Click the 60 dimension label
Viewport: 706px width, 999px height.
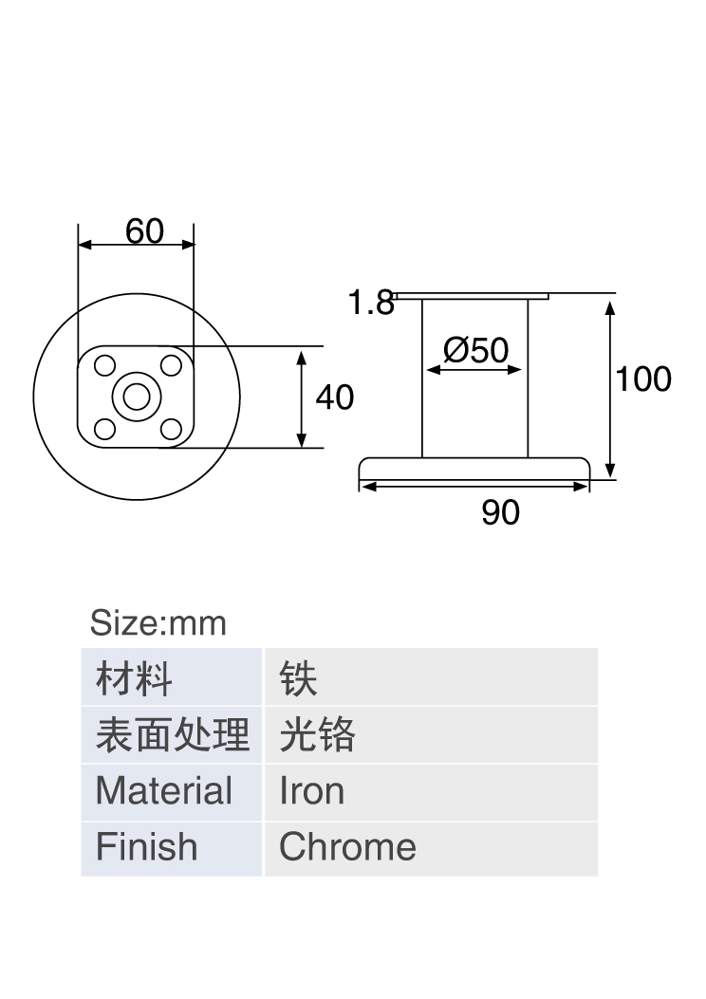click(144, 231)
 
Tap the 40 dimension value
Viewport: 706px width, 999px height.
click(335, 398)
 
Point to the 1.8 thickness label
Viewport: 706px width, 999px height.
click(371, 303)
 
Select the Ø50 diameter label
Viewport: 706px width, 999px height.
click(476, 350)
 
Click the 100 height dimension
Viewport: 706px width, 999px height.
click(643, 379)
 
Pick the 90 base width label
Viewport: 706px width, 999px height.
click(500, 512)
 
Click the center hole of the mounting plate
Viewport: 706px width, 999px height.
click(136, 398)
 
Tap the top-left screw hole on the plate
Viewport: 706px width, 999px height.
click(104, 365)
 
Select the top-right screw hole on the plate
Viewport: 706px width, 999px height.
click(171, 365)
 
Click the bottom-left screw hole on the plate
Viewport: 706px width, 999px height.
click(104, 429)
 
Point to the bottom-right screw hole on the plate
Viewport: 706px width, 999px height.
click(171, 429)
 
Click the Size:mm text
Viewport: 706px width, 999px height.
click(158, 623)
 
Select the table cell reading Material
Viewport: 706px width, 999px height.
click(172, 791)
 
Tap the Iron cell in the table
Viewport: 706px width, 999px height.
click(432, 791)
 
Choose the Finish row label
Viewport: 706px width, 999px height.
click(172, 848)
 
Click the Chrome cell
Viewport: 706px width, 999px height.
click(432, 848)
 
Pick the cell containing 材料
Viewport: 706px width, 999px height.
click(172, 676)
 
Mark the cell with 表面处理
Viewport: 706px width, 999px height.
click(172, 734)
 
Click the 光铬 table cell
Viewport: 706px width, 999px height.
click(432, 734)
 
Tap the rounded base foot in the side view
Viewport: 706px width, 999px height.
click(474, 468)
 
